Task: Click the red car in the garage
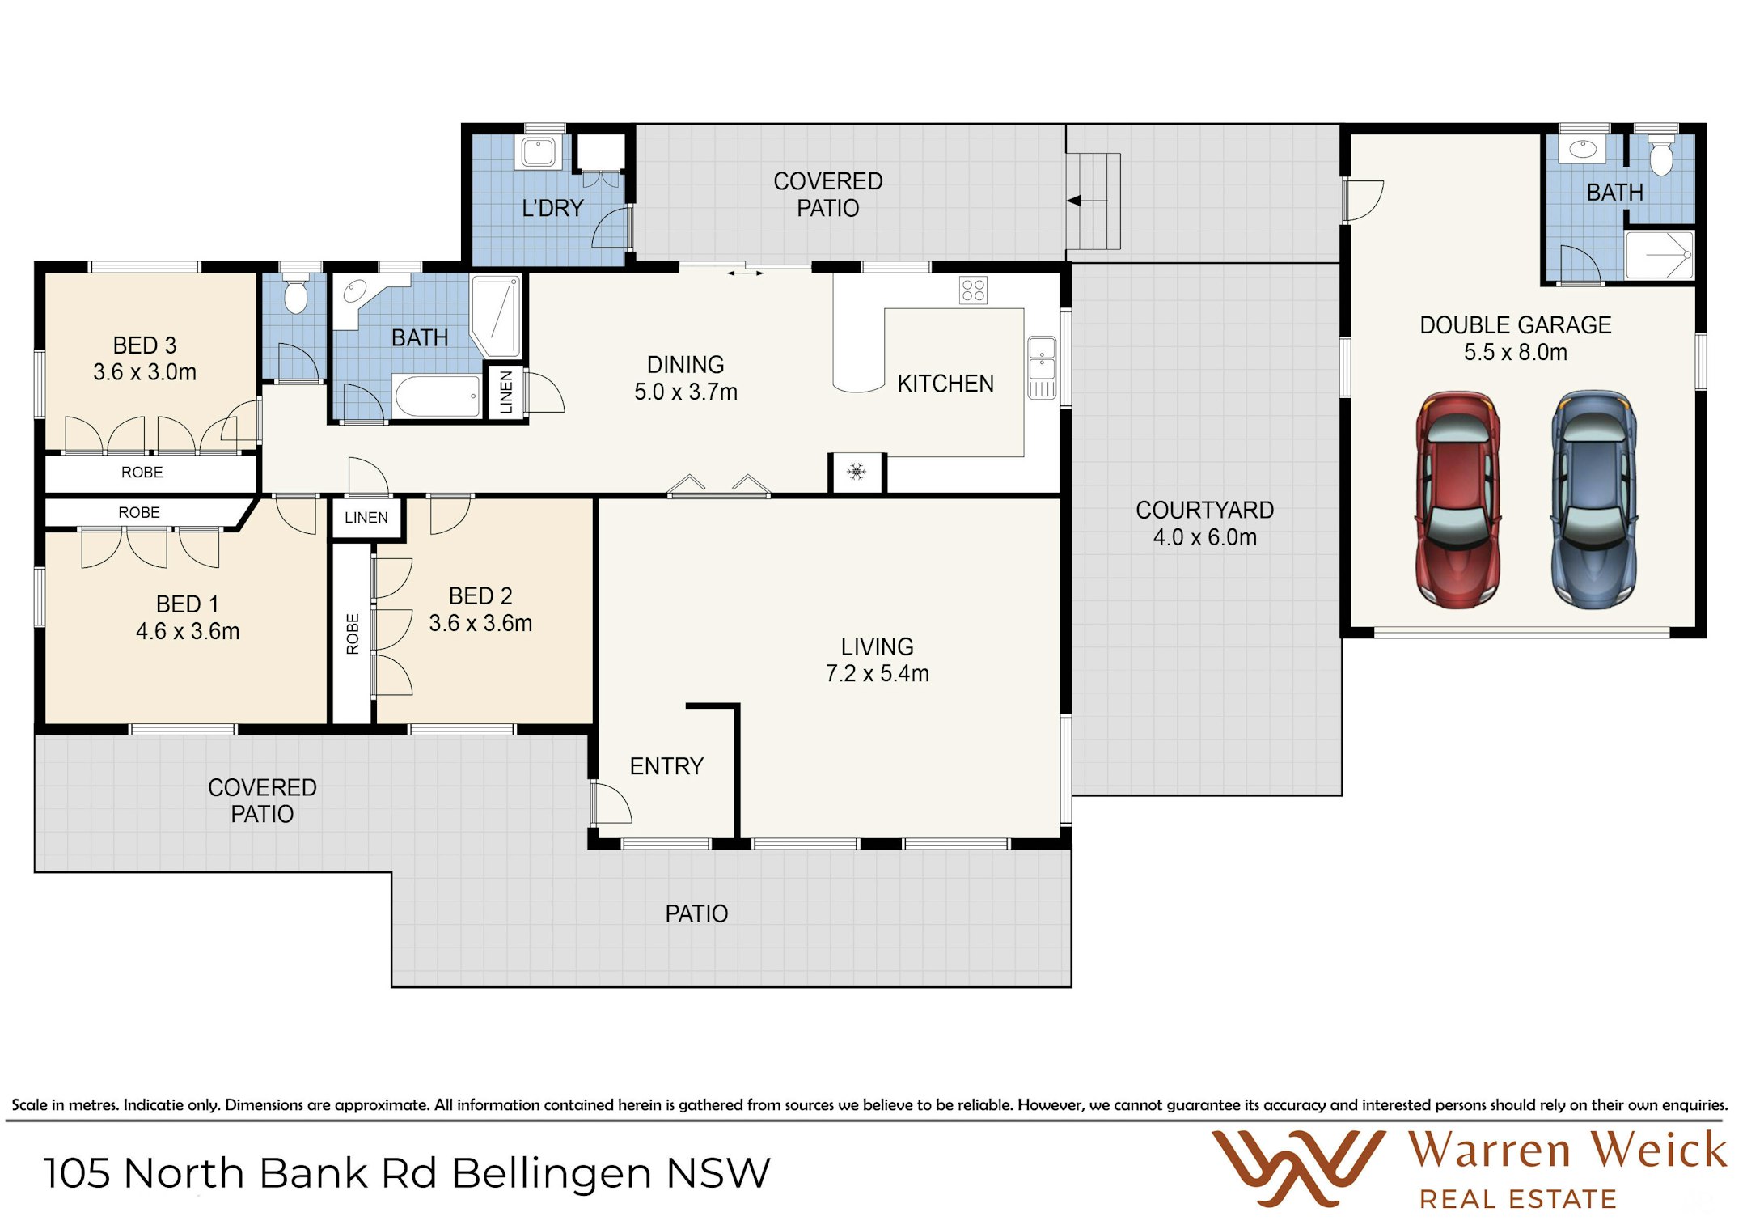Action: click(x=1457, y=499)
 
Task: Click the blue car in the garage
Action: click(x=1593, y=499)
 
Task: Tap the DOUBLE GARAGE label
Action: click(x=1516, y=325)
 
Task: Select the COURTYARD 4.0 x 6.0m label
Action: click(x=1205, y=523)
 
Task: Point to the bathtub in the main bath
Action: click(x=438, y=396)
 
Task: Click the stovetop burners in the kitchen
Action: click(x=973, y=290)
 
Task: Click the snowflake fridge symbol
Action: click(x=857, y=471)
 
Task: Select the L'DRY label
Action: click(x=552, y=209)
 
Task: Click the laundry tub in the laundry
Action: click(x=538, y=152)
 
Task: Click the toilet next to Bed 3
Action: click(x=296, y=295)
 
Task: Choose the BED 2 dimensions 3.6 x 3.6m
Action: click(x=480, y=624)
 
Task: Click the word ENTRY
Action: click(x=666, y=766)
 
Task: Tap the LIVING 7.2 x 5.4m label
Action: click(x=878, y=660)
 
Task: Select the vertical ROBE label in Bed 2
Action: click(x=353, y=634)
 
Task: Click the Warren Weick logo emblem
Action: click(x=1297, y=1168)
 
